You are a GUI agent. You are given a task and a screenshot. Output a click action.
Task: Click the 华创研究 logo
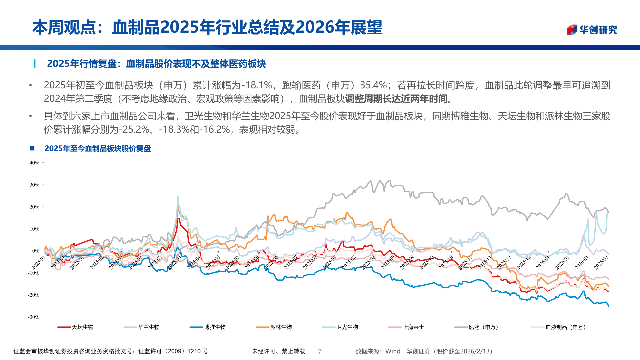click(592, 30)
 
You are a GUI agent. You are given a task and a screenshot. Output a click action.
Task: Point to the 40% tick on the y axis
click(34, 163)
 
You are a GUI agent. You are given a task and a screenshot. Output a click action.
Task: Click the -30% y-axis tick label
click(33, 317)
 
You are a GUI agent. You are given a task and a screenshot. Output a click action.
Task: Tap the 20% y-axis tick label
click(34, 207)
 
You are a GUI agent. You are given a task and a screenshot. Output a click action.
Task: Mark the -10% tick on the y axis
click(33, 273)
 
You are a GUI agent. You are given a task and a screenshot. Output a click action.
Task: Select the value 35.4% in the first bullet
click(373, 85)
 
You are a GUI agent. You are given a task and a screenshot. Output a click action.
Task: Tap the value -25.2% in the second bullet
click(134, 130)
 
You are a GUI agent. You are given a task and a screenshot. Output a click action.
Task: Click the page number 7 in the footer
click(320, 351)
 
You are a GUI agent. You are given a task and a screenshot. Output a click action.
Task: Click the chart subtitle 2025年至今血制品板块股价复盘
click(98, 148)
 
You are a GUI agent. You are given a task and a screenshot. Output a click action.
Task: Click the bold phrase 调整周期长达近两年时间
click(396, 99)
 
